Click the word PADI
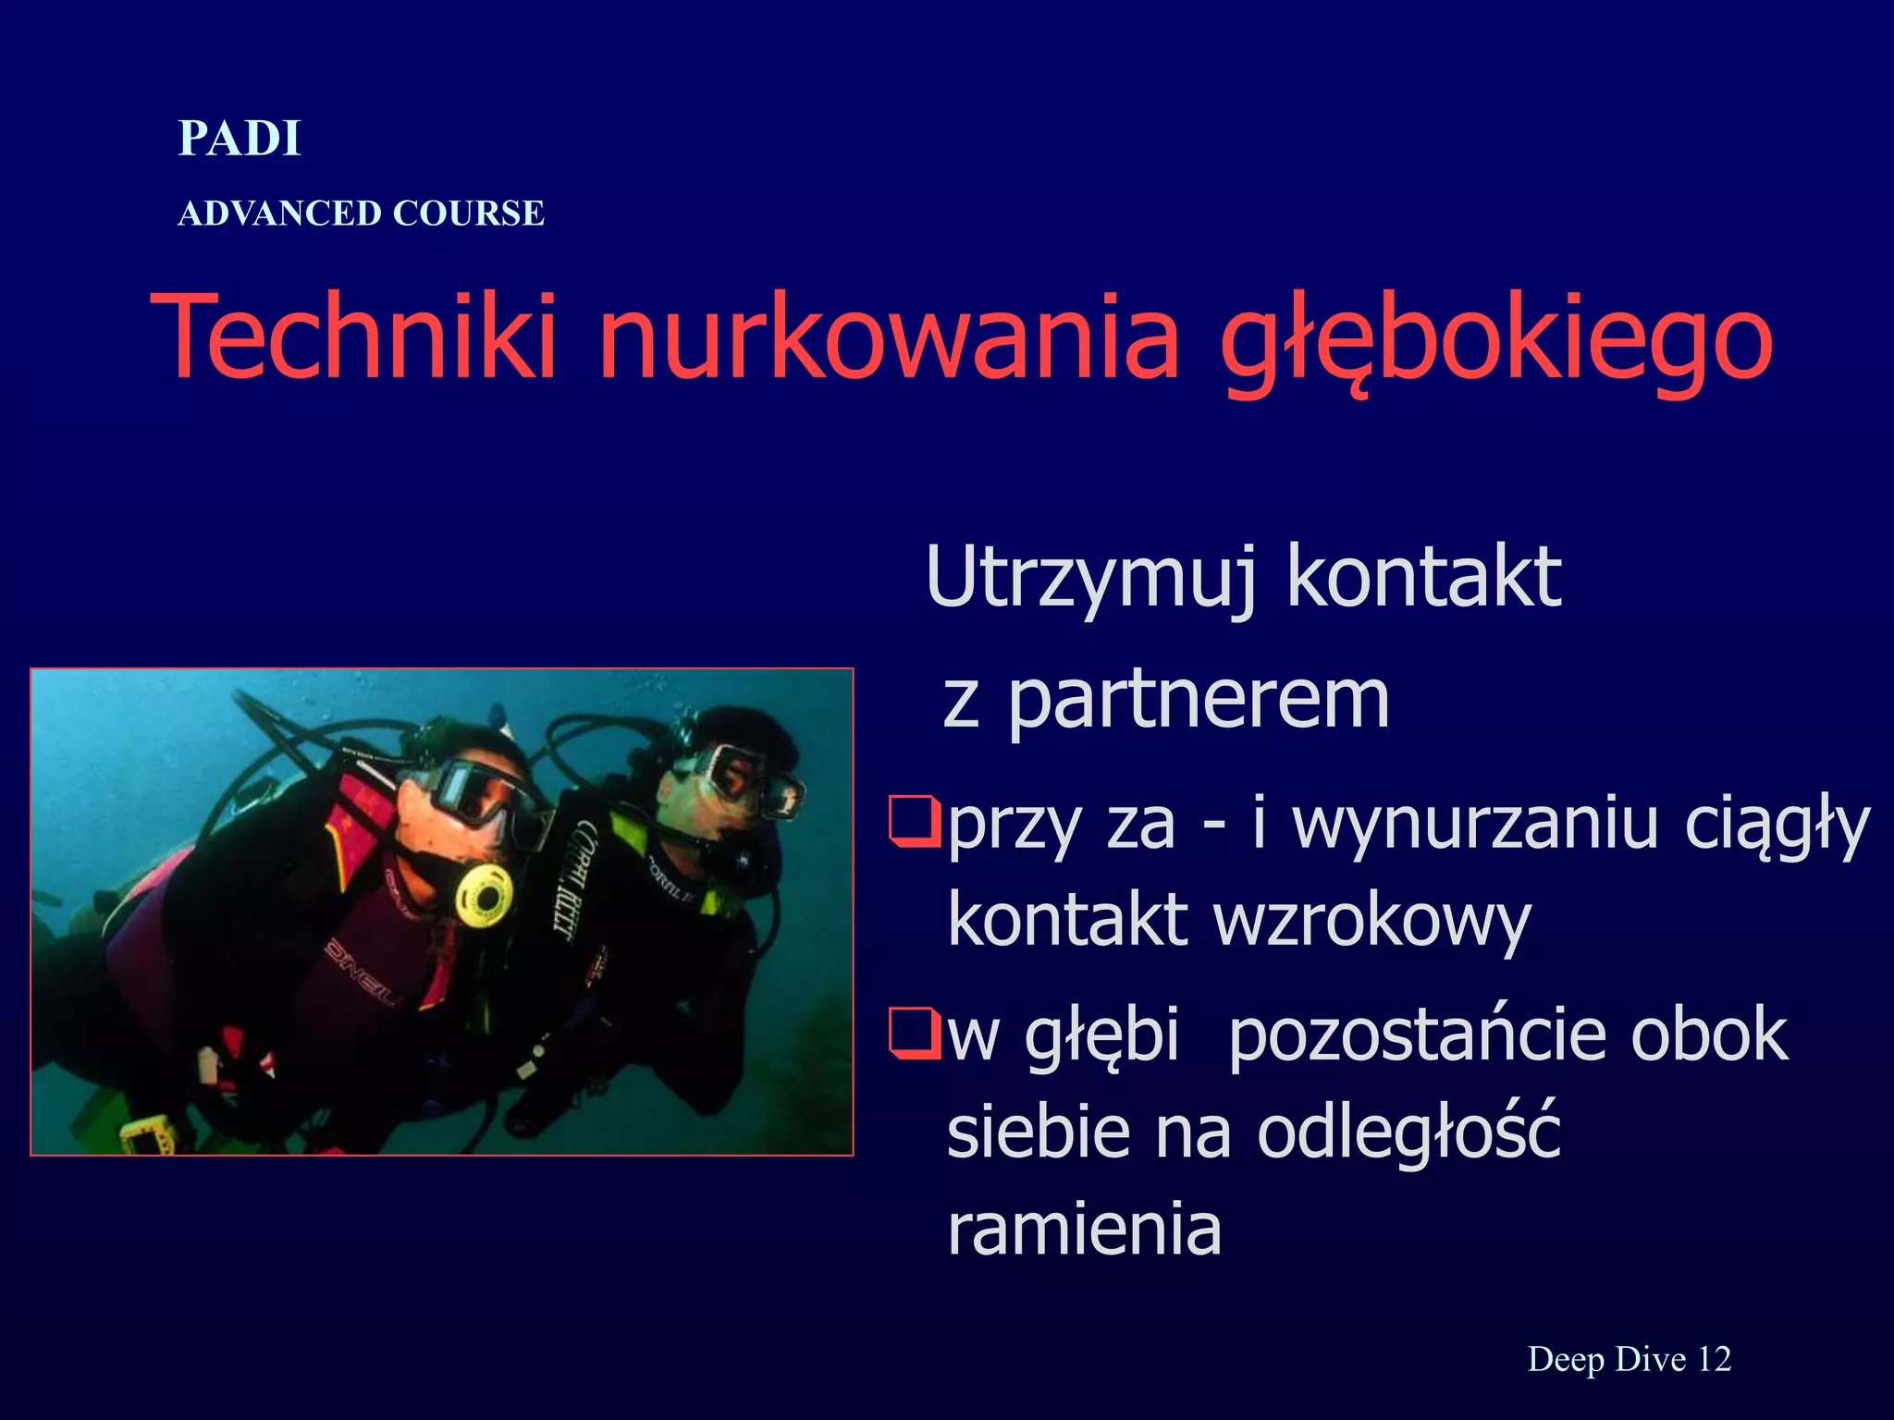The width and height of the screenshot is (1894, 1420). click(x=240, y=139)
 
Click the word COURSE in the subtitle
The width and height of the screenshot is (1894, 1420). click(x=468, y=214)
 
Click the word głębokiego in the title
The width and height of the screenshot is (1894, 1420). click(x=1495, y=338)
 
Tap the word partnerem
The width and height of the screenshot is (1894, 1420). click(x=1198, y=700)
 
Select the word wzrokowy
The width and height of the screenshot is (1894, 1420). click(x=1373, y=921)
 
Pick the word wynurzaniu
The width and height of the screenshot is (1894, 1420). click(x=1476, y=823)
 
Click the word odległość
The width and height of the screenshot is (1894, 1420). click(x=1408, y=1133)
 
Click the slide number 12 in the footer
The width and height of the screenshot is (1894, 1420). click(x=1714, y=1359)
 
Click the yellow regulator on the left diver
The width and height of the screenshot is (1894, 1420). click(x=484, y=894)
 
